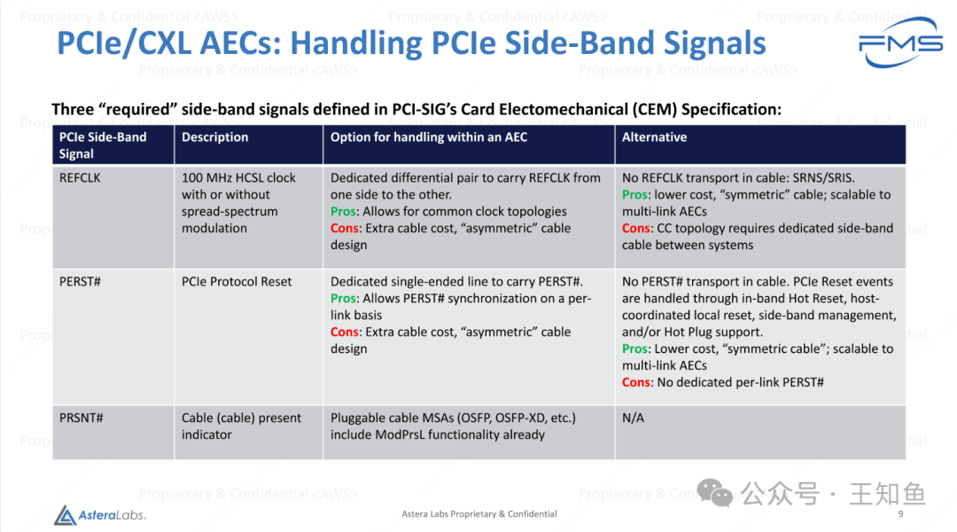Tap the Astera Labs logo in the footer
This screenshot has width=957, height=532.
99,514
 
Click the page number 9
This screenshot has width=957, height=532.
900,514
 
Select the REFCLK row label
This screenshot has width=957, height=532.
80,177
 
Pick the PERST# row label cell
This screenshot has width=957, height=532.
79,281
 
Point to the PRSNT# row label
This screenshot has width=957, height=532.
81,418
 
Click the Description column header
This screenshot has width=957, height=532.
215,137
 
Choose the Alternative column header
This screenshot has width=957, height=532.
654,137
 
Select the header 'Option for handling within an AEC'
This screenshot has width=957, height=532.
429,137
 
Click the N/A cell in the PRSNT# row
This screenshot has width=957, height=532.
633,418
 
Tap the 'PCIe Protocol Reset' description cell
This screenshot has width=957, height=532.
237,281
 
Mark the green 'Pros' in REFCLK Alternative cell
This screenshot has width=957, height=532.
634,194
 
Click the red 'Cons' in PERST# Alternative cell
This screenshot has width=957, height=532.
636,382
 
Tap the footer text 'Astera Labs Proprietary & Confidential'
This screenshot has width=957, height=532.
479,514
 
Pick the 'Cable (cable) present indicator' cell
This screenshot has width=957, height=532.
241,426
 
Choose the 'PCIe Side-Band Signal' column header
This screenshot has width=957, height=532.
103,145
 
